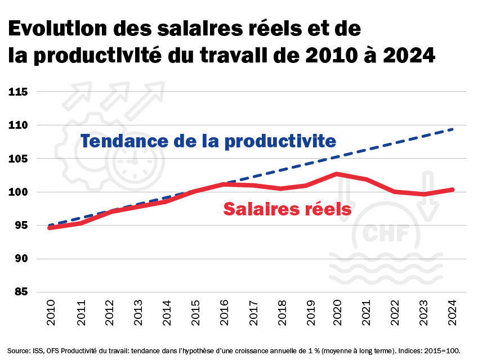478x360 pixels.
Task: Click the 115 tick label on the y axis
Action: pyautogui.click(x=19, y=91)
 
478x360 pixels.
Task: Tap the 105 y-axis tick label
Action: pyautogui.click(x=19, y=159)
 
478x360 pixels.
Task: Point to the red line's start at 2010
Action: pyautogui.click(x=50, y=228)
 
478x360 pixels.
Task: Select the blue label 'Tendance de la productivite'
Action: pyautogui.click(x=208, y=141)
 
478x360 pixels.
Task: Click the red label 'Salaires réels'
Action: pyautogui.click(x=287, y=209)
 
